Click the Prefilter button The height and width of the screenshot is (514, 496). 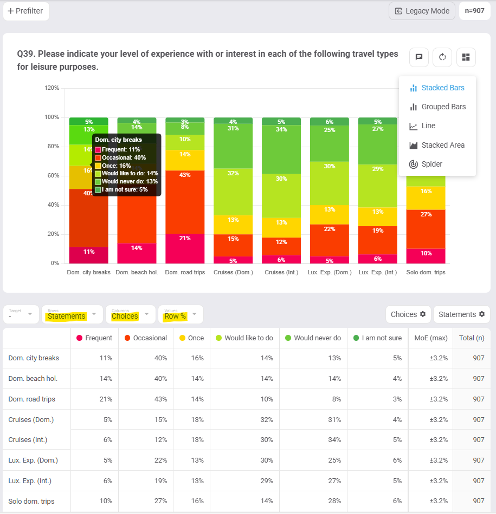[26, 11]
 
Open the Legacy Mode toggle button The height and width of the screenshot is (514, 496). [422, 11]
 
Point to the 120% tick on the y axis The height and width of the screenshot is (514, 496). [52, 88]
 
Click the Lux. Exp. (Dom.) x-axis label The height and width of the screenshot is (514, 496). [329, 272]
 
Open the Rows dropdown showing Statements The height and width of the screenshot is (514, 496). [72, 314]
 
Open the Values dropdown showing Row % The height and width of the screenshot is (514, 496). [181, 314]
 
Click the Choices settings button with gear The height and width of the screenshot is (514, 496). [408, 314]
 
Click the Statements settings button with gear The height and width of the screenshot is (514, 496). [461, 314]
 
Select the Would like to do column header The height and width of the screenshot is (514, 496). [244, 338]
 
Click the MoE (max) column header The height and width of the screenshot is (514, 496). [430, 338]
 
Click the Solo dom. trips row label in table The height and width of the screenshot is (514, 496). [31, 501]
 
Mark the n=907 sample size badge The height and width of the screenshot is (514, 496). [475, 11]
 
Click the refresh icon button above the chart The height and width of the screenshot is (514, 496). [442, 57]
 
